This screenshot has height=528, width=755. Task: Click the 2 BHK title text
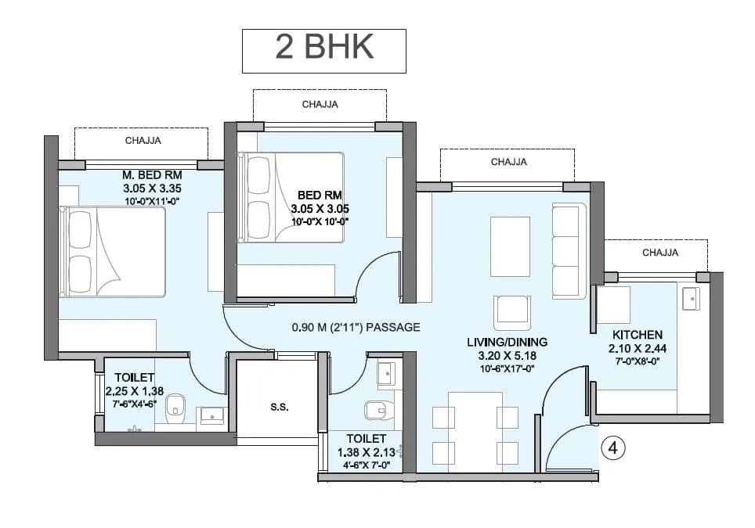coord(323,48)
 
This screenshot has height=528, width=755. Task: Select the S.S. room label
coord(278,407)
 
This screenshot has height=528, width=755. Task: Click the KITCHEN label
coord(638,334)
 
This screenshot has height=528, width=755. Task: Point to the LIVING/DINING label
coord(507,342)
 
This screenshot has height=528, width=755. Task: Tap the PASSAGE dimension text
coord(356,327)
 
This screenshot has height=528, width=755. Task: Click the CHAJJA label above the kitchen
coord(660,253)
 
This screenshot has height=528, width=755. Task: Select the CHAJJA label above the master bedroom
coord(143,141)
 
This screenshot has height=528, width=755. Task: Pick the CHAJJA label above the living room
coord(508,162)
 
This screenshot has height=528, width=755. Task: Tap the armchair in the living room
coord(512,312)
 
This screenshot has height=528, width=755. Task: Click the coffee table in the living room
coord(509,246)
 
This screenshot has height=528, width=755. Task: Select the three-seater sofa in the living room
coord(569,250)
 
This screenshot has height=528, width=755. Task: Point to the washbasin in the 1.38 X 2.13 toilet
coord(387,374)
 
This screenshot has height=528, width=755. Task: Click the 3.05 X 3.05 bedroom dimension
coord(319,209)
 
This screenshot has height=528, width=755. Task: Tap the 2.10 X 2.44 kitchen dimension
coord(638,348)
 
